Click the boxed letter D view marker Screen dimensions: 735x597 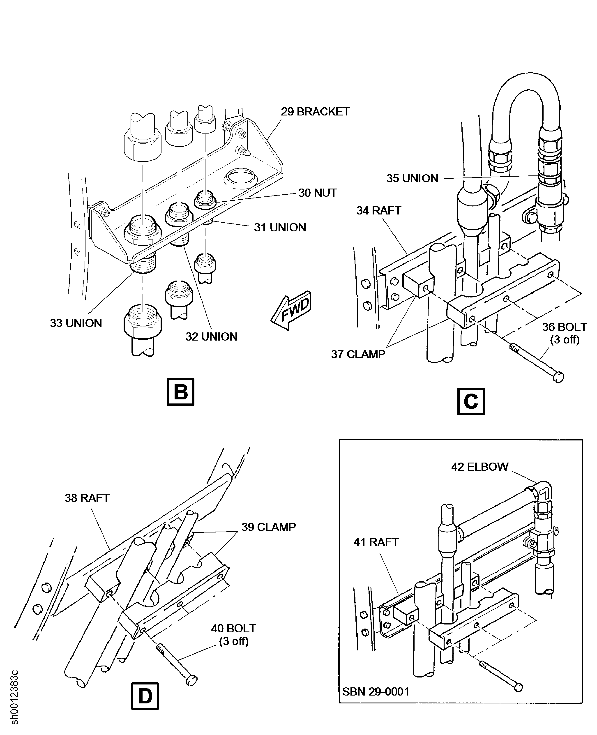[x=145, y=696]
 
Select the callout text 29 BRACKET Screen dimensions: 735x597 [x=315, y=112]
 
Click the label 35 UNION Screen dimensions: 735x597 [x=412, y=178]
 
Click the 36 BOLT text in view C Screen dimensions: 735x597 [x=564, y=327]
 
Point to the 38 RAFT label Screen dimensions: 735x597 [x=87, y=498]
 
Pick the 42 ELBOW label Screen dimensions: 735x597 [x=479, y=467]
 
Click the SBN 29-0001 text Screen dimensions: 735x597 [x=376, y=691]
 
